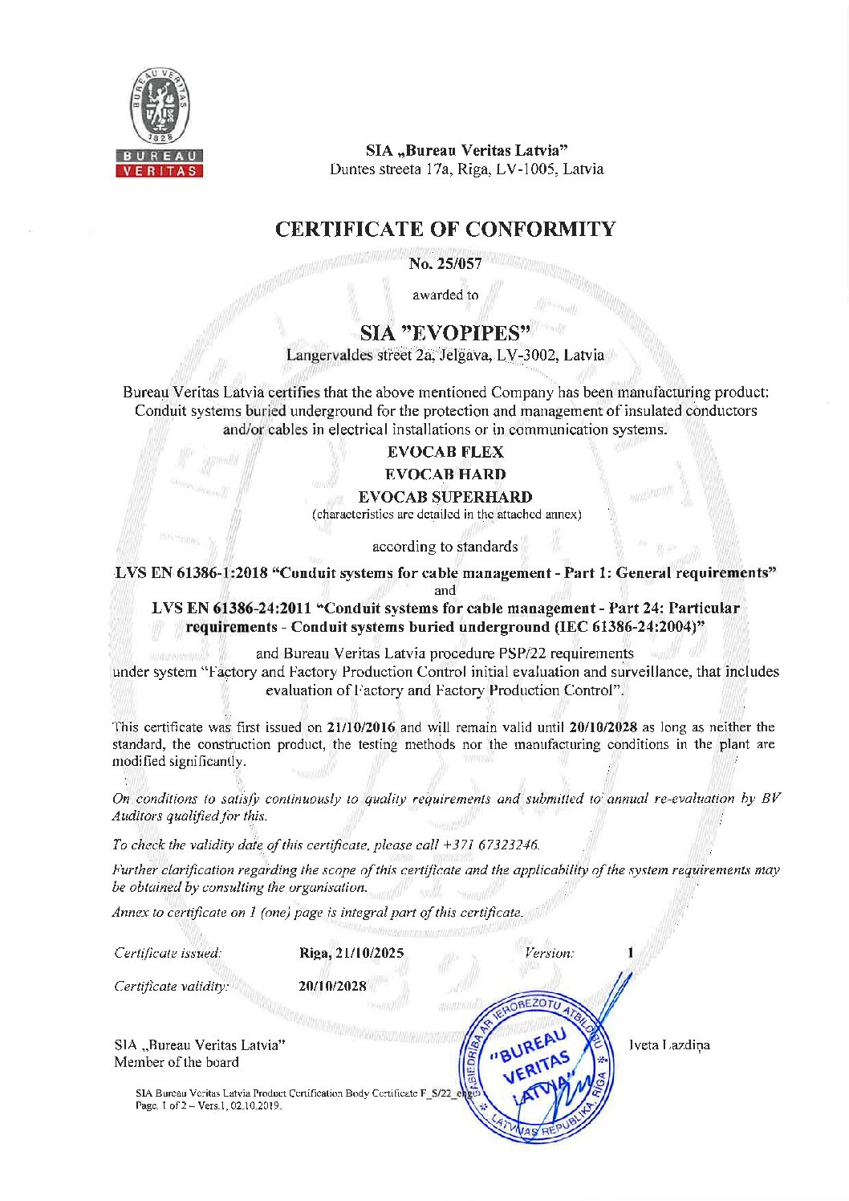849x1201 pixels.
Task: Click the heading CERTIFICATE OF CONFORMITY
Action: [445, 230]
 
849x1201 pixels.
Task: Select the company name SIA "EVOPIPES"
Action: [445, 332]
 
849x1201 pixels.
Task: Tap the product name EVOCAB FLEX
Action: [445, 452]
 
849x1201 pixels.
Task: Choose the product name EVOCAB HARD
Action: [445, 474]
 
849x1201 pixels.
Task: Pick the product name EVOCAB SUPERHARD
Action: [445, 497]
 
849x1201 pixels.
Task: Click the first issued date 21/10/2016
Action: [361, 727]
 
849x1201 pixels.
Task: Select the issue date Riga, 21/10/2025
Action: [351, 953]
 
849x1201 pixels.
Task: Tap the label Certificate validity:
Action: [171, 986]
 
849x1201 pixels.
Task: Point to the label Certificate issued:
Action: [167, 953]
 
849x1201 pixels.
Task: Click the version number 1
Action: [631, 953]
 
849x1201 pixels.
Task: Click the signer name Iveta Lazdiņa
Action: [669, 1045]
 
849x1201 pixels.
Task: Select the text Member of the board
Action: [177, 1062]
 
